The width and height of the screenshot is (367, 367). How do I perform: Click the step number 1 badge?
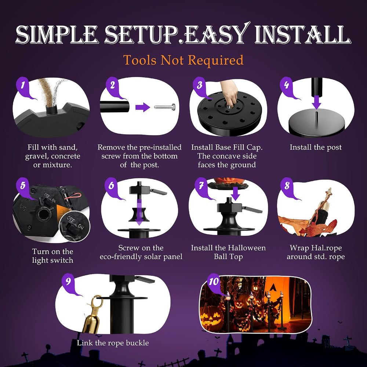(x=23, y=86)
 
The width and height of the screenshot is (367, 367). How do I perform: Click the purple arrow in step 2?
(x=142, y=107)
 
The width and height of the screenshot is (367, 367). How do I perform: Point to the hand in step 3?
(x=229, y=93)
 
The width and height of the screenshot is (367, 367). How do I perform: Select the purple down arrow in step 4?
(x=316, y=102)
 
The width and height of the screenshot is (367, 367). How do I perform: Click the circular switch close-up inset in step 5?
(x=75, y=227)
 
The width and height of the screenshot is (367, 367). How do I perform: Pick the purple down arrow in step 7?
(x=236, y=193)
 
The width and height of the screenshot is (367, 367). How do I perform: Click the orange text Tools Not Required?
(x=183, y=60)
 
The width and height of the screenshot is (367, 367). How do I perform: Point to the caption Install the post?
(x=316, y=147)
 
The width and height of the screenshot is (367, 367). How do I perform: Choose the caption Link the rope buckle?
(x=113, y=343)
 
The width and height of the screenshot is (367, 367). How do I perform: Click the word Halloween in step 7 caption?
(x=247, y=248)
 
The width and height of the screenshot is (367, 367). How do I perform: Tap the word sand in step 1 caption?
(x=69, y=148)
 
